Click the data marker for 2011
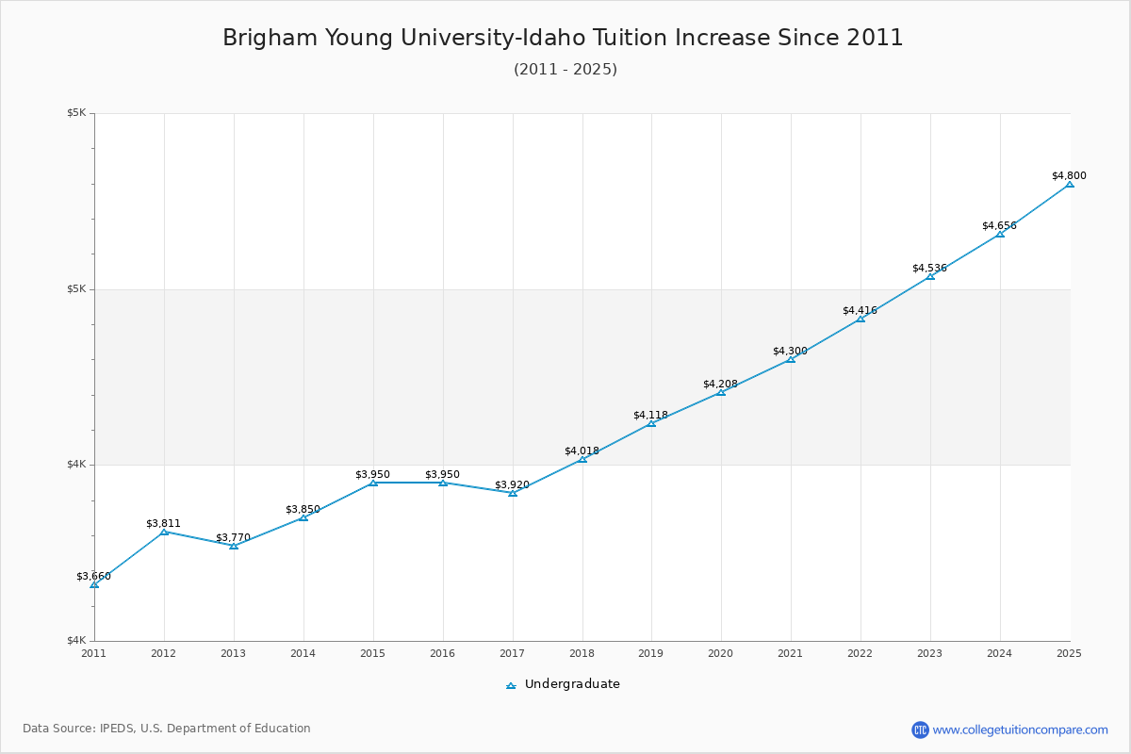point(94,584)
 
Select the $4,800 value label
point(1069,176)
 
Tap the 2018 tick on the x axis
point(582,652)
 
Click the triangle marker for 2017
point(513,493)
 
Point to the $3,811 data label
point(163,524)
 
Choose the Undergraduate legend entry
point(564,684)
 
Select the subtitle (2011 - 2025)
point(565,70)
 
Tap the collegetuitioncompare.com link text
point(1021,729)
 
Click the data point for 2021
point(791,359)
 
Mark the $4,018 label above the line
point(582,451)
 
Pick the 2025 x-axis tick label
point(1069,652)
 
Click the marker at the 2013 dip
point(234,546)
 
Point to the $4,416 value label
point(860,311)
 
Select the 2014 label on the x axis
point(303,652)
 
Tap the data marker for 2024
point(1000,233)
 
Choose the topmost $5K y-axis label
point(76,113)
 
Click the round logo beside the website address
point(920,729)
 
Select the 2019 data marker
point(651,423)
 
